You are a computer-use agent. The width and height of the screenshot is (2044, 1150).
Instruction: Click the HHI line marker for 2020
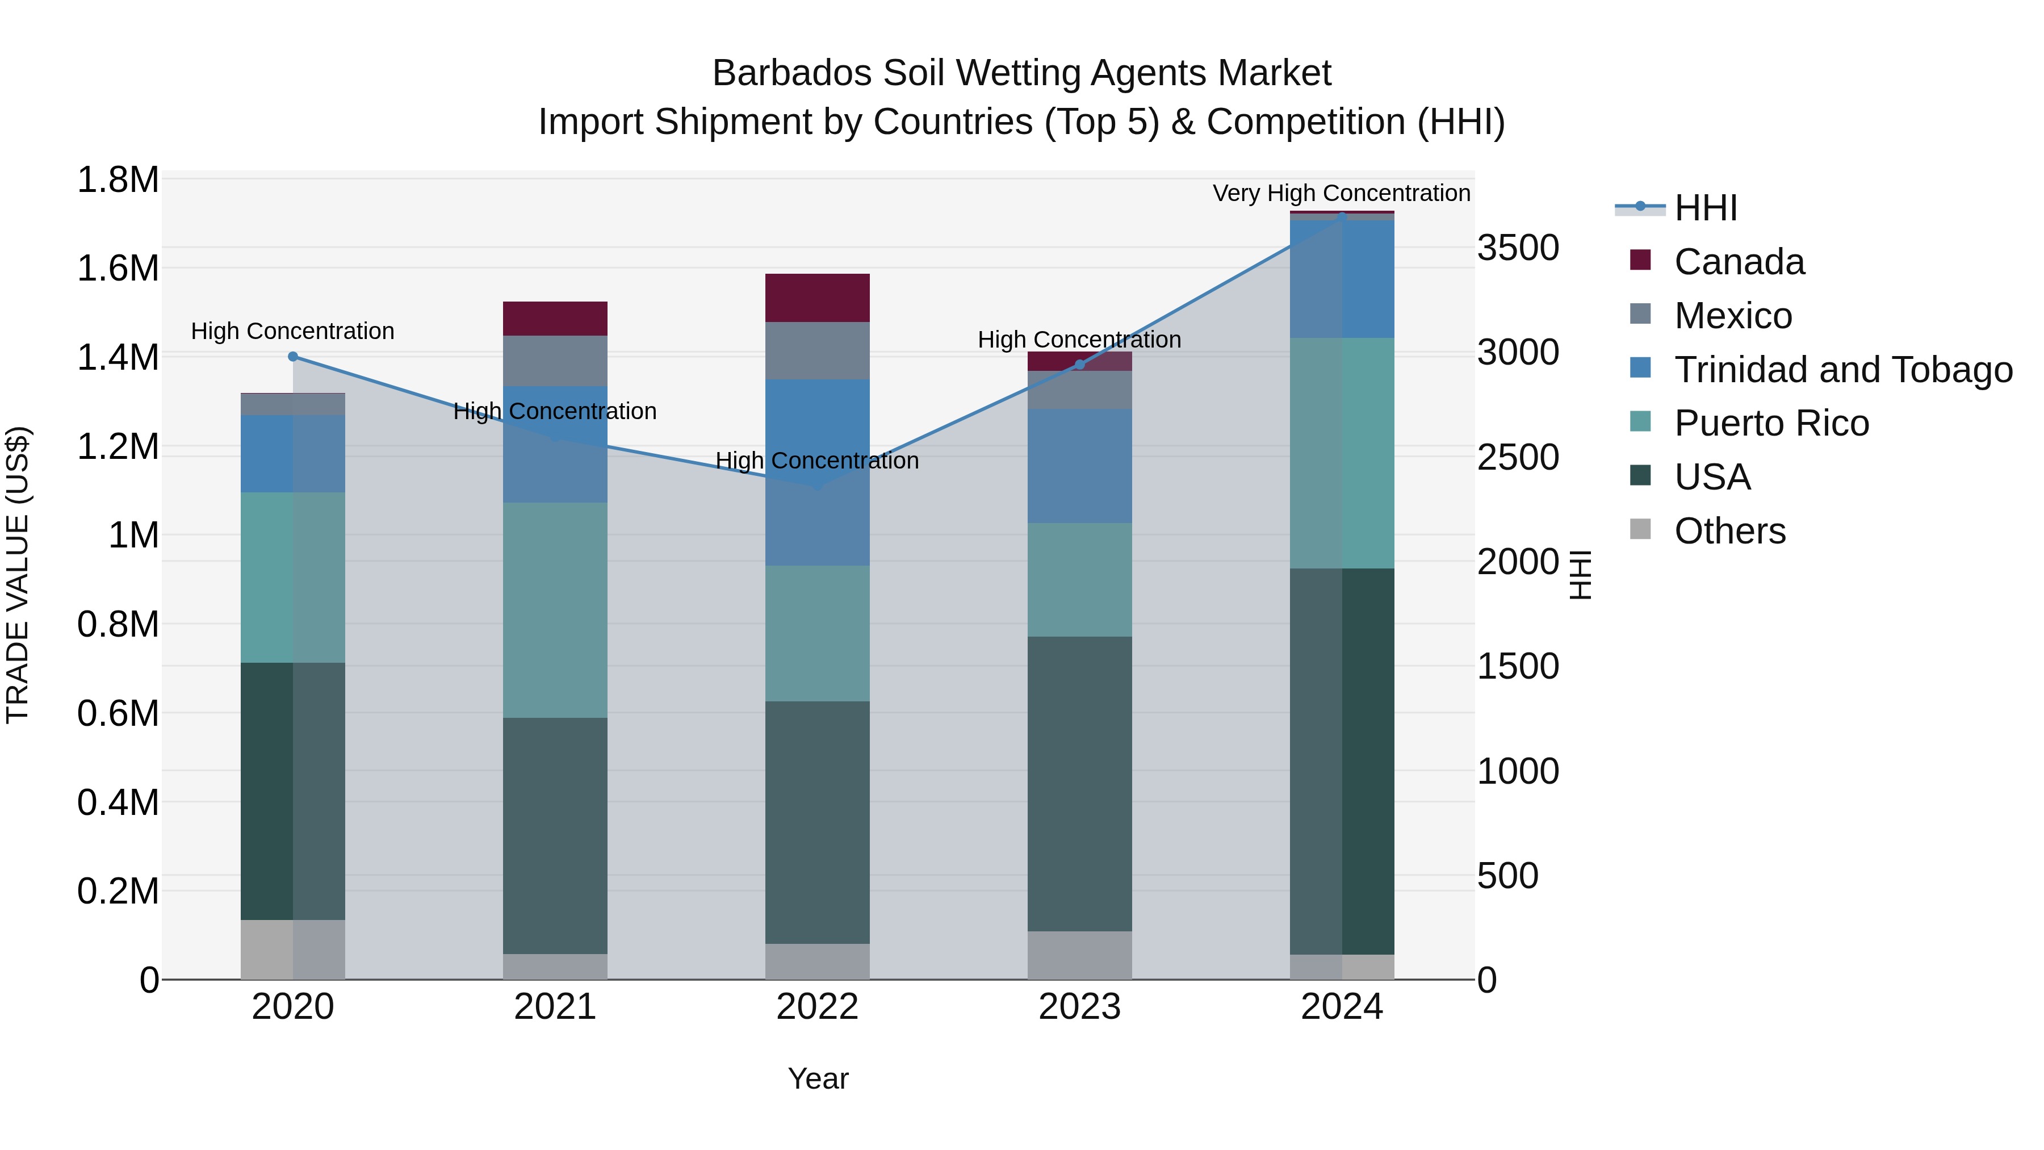pyautogui.click(x=293, y=356)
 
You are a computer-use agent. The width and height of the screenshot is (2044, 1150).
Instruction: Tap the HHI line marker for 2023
pyautogui.click(x=1079, y=364)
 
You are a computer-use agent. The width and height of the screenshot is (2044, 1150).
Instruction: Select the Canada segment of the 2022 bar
pyautogui.click(x=817, y=298)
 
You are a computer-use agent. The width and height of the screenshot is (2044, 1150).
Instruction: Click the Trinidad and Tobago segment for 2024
pyautogui.click(x=1342, y=279)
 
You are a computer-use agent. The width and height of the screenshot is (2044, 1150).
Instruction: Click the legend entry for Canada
pyautogui.click(x=1739, y=262)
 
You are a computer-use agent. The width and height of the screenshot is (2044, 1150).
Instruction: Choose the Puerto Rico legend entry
pyautogui.click(x=1771, y=423)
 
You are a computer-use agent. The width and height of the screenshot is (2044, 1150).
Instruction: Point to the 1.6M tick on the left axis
pyautogui.click(x=118, y=268)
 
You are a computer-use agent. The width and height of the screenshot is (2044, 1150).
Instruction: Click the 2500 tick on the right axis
pyautogui.click(x=1517, y=457)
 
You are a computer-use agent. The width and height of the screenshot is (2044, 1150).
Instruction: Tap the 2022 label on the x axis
pyautogui.click(x=817, y=1007)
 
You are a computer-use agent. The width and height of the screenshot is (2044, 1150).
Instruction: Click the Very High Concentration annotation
pyautogui.click(x=1341, y=193)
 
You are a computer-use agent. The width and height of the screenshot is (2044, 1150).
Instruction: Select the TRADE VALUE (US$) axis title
pyautogui.click(x=18, y=575)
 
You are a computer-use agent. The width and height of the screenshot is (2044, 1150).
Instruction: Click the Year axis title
pyautogui.click(x=818, y=1078)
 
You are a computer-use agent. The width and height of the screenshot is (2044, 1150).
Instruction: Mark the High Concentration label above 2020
pyautogui.click(x=293, y=331)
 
